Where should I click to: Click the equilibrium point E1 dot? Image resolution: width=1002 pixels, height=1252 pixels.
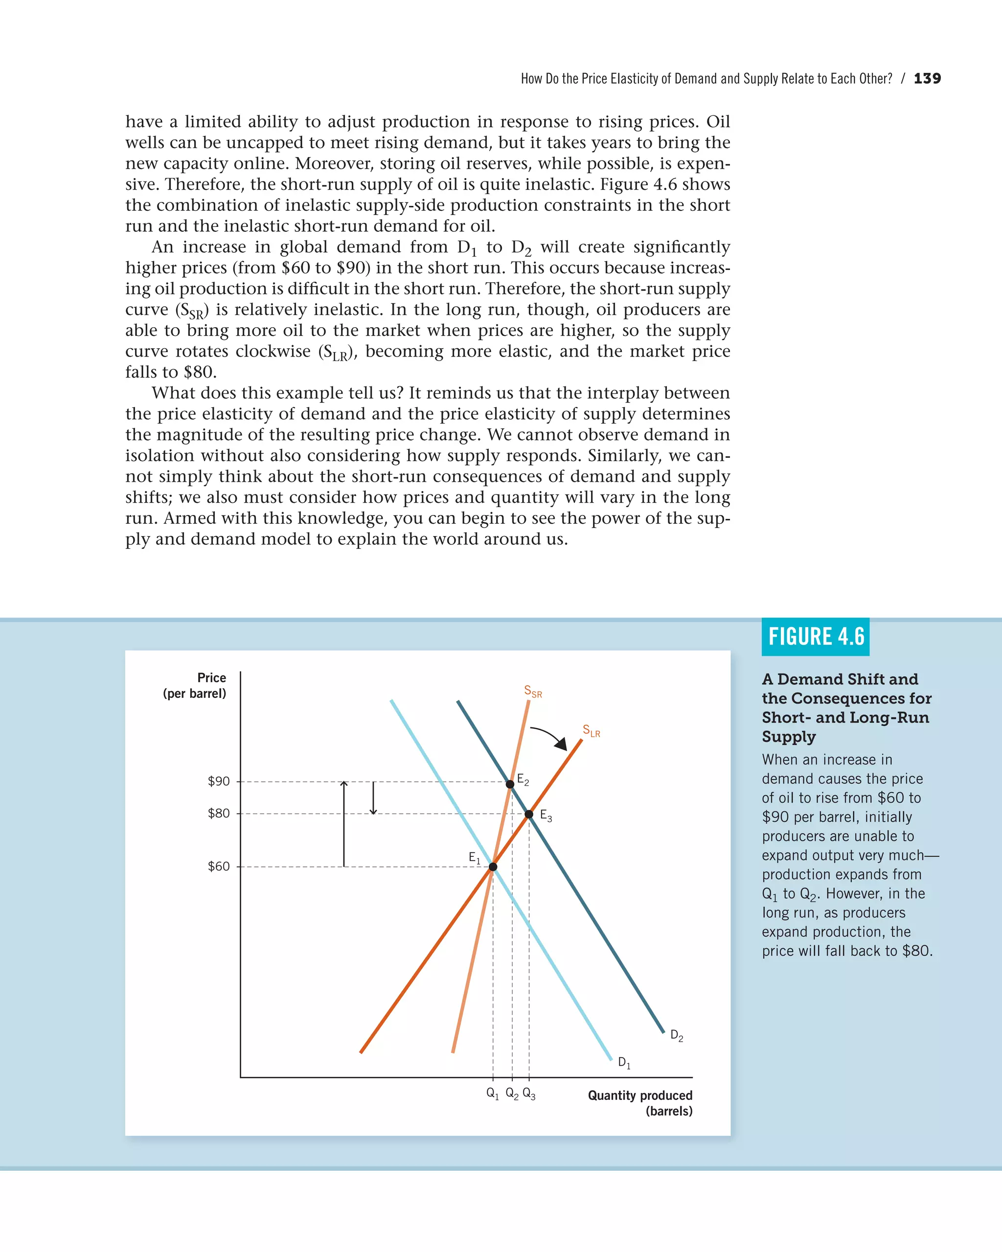(493, 867)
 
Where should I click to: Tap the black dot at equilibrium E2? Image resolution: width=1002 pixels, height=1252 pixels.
(510, 784)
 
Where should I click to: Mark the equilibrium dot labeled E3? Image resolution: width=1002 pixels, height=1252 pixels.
(528, 814)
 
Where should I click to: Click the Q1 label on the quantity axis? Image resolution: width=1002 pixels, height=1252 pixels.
(493, 1093)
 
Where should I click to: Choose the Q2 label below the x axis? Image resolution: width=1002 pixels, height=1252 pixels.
(512, 1093)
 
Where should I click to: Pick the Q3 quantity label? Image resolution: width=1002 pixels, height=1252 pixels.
(528, 1093)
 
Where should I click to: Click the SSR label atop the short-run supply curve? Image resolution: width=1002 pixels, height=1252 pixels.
(533, 691)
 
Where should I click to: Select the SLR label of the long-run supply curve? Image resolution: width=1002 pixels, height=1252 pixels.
(591, 731)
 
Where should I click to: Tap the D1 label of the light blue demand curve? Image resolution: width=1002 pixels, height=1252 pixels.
(624, 1062)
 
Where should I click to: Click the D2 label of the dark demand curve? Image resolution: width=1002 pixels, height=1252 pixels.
(676, 1035)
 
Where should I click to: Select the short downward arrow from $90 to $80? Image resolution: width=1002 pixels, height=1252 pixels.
(373, 798)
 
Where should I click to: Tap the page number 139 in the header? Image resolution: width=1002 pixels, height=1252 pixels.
(927, 78)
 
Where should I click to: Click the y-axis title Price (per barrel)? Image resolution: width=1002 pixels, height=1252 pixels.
(195, 685)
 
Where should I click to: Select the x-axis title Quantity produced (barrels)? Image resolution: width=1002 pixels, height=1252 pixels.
(640, 1102)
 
